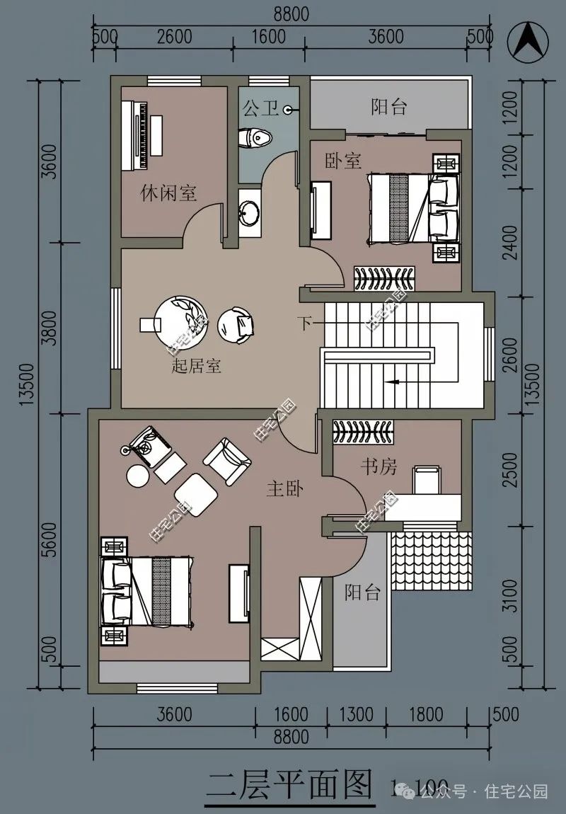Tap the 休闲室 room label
[168, 193]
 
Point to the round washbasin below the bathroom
[250, 211]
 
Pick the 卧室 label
[343, 161]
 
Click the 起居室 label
[197, 366]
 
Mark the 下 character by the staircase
[304, 324]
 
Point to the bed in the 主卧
[147, 590]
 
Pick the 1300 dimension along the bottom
[357, 714]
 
